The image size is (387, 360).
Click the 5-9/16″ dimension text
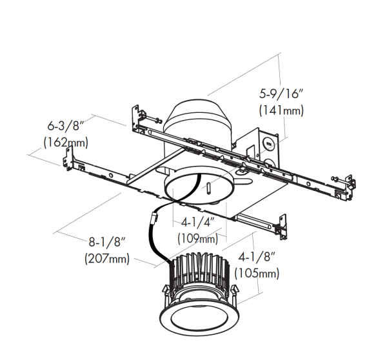(281, 94)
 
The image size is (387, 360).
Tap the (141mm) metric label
(281, 110)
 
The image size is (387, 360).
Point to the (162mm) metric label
(66, 143)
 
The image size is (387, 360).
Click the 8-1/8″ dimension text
(108, 242)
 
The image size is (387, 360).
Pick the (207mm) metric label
(107, 259)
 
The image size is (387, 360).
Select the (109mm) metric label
(198, 239)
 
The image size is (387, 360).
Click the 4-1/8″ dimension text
(257, 257)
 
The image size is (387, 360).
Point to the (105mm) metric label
(257, 274)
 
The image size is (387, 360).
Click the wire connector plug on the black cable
(154, 219)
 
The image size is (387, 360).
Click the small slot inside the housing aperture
(209, 188)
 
